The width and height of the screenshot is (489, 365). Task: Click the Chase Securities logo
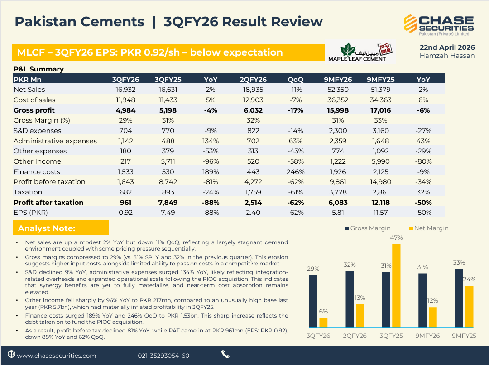(438, 25)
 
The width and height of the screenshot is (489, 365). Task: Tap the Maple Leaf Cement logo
(362, 52)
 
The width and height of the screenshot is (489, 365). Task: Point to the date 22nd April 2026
(447, 47)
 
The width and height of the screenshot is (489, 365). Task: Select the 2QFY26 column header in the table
(253, 79)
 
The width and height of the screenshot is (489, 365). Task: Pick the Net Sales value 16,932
(125, 90)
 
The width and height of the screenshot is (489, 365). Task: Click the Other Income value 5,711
(168, 161)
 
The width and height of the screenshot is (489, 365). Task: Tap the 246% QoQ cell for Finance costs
(295, 172)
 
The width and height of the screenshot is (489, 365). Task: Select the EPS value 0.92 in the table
(125, 213)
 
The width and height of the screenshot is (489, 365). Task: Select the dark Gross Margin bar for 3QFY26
(313, 301)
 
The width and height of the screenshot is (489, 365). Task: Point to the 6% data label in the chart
(323, 311)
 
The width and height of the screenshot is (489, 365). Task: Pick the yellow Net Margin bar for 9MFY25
(469, 307)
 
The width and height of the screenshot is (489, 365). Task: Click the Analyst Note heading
(47, 228)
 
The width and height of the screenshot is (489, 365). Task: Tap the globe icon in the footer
(12, 355)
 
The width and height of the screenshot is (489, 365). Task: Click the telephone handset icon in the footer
(225, 354)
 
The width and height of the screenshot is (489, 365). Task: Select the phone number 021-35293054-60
(163, 356)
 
